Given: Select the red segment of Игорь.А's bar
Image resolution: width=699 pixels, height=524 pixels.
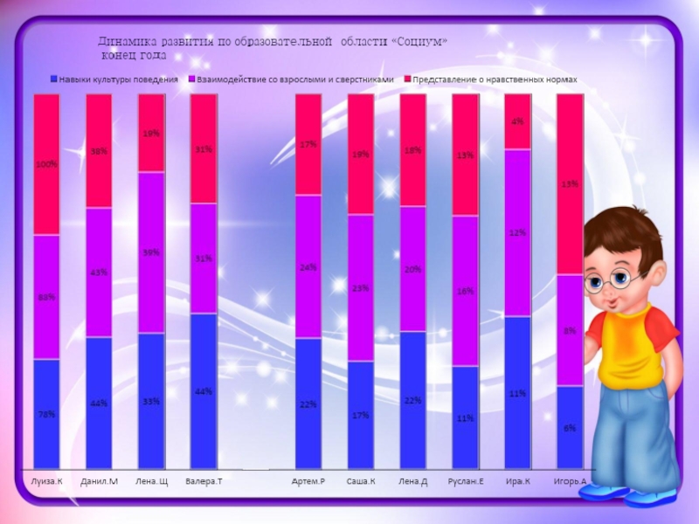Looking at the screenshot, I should coord(569,183).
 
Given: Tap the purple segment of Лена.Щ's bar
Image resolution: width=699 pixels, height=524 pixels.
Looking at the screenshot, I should coord(151,252).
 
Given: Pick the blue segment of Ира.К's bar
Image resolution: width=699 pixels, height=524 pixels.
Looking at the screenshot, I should coord(517,392).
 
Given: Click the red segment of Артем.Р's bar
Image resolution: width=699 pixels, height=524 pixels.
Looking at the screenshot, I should coord(308,144).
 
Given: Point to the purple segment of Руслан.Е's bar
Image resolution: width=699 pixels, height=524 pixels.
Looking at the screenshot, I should coord(465,291).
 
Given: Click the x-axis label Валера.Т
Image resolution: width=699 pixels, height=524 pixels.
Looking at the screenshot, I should coord(204,481).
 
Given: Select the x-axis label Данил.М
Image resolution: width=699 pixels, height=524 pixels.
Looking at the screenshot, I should coord(99,481).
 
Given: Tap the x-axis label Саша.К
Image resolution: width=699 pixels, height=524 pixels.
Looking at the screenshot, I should coord(360,481).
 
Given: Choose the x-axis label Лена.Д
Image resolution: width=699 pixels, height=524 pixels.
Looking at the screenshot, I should coord(412,481).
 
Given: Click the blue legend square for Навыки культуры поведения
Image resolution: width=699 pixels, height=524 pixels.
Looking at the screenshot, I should coord(54,79).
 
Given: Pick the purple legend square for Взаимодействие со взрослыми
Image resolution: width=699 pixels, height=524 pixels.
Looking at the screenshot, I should coord(190,79).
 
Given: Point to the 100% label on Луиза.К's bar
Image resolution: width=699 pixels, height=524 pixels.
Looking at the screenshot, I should coord(46,164).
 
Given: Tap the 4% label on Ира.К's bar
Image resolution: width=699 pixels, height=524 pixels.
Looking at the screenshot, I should coord(517,122).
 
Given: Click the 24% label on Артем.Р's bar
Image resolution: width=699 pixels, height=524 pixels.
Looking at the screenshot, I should coord(308,267).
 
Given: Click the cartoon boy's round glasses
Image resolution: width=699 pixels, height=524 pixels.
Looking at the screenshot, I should coord(612,280).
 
